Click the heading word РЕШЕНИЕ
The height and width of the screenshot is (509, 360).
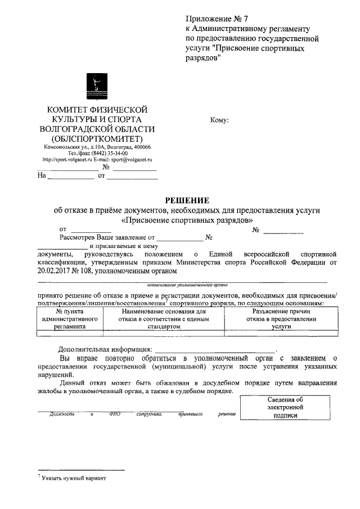[187, 200]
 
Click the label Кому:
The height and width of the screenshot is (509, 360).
[218, 120]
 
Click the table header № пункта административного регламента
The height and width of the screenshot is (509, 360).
[70, 318]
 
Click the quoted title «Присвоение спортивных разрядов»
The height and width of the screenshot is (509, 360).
[187, 220]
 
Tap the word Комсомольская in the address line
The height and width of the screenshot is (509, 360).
[61, 146]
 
